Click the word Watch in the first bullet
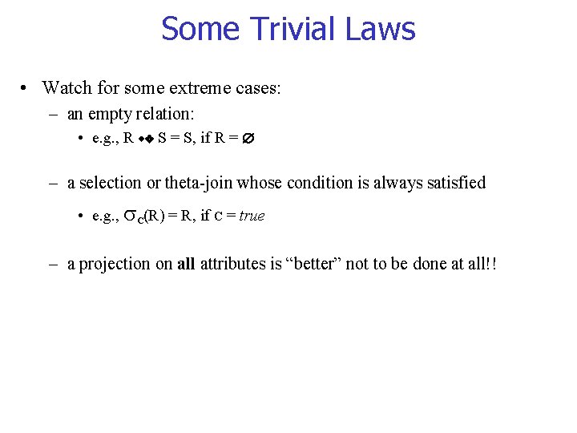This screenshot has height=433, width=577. click(x=65, y=87)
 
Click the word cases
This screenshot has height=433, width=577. click(x=256, y=87)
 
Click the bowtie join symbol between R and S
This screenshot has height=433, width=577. click(x=145, y=139)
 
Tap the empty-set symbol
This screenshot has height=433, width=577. click(x=248, y=138)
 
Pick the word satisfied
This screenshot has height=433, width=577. click(x=454, y=183)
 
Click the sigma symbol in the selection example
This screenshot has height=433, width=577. click(x=130, y=216)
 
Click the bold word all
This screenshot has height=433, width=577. click(x=186, y=264)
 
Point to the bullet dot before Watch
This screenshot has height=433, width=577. click(x=26, y=87)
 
